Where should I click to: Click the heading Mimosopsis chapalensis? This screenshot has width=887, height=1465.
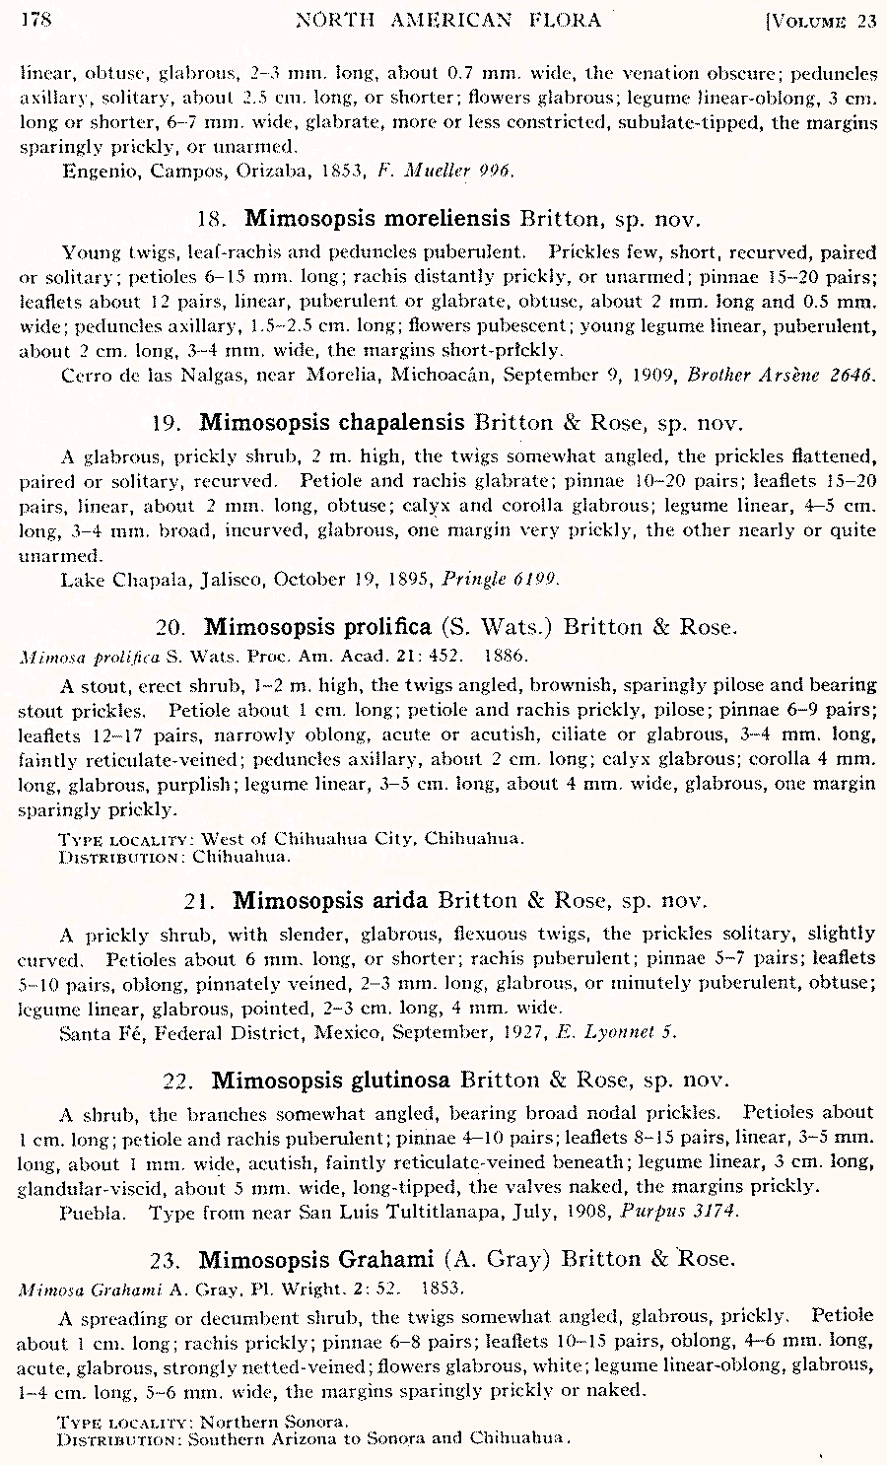click(x=332, y=423)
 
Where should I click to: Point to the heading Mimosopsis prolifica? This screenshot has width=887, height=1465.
click(x=317, y=627)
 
